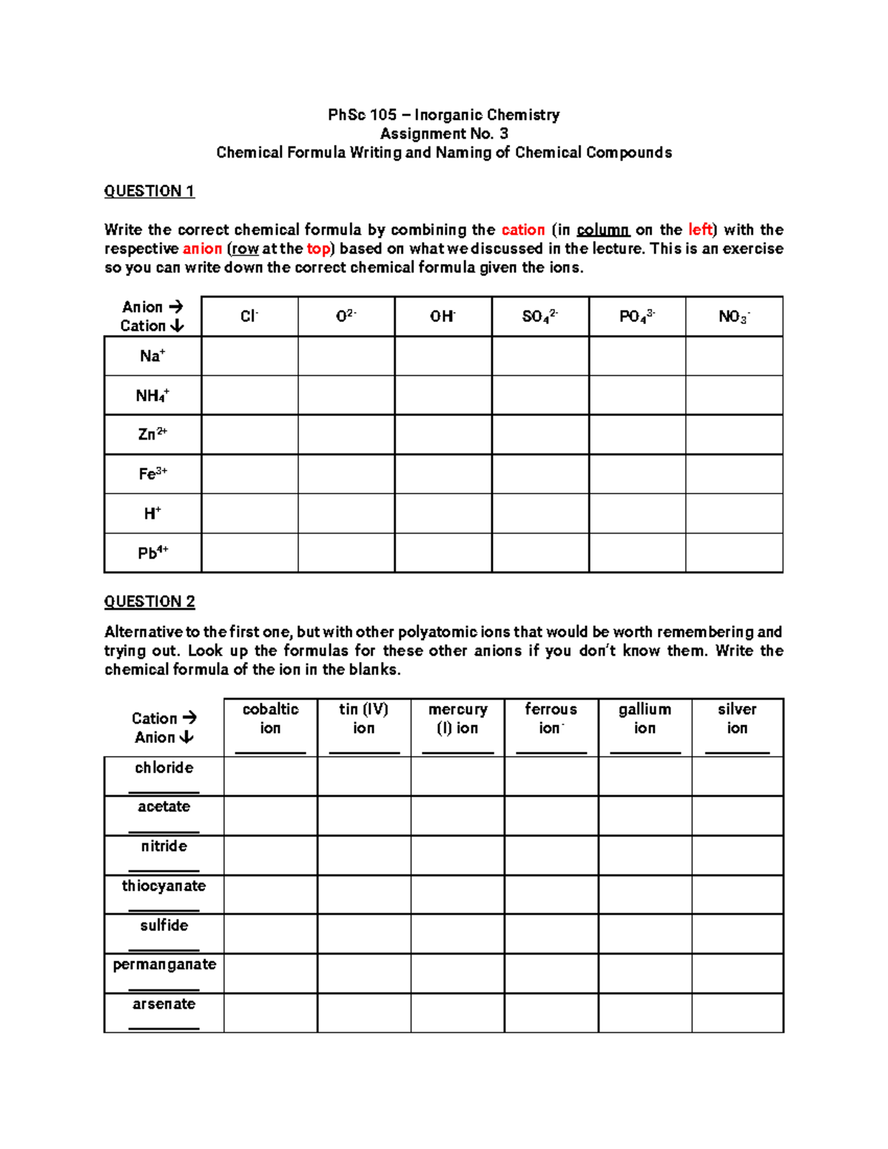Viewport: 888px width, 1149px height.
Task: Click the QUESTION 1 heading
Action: (149, 191)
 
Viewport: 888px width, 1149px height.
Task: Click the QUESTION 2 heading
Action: (149, 602)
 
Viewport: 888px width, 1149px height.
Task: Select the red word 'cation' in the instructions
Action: (522, 230)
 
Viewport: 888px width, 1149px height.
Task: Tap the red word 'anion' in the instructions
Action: (202, 249)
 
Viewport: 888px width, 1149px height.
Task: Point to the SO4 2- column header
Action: (539, 317)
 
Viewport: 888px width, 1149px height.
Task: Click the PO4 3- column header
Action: (636, 317)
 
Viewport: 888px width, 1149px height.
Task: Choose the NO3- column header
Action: (733, 317)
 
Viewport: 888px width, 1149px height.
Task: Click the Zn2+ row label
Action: (152, 434)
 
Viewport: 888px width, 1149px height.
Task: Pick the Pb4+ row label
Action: (152, 553)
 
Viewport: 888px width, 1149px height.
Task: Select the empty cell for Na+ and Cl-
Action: (249, 356)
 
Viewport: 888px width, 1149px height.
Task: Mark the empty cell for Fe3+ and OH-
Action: (443, 474)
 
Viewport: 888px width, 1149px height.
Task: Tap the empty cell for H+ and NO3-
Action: (733, 513)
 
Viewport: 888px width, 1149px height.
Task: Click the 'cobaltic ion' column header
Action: (270, 718)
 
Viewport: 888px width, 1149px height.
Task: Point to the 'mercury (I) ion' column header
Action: (457, 718)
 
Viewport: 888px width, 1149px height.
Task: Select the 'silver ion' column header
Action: (737, 718)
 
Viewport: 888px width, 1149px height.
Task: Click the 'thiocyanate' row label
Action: (164, 886)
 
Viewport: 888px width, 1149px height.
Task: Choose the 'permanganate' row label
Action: (164, 964)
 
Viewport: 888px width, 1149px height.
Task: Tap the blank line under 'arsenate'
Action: (164, 1028)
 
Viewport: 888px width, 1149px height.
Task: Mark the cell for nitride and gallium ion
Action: (645, 855)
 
